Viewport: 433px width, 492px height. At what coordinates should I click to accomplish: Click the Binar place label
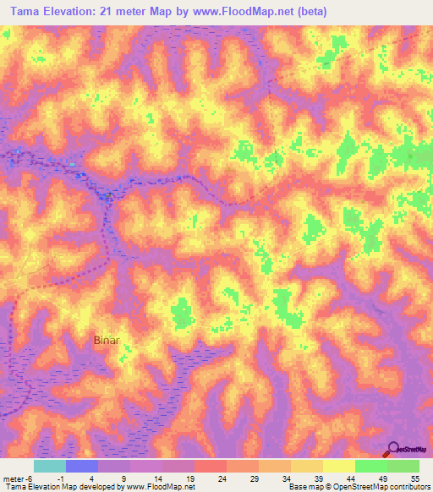pyautogui.click(x=107, y=341)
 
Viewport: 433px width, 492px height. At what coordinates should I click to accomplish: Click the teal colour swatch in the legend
pyautogui.click(x=50, y=466)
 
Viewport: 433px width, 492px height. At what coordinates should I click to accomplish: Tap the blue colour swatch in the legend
pyautogui.click(x=82, y=466)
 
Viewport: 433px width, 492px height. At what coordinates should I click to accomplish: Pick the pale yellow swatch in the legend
pyautogui.click(x=338, y=466)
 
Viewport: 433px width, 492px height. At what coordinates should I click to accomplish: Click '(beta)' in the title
pyautogui.click(x=306, y=12)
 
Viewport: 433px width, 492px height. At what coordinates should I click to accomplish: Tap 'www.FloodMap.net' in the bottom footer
pyautogui.click(x=160, y=487)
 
